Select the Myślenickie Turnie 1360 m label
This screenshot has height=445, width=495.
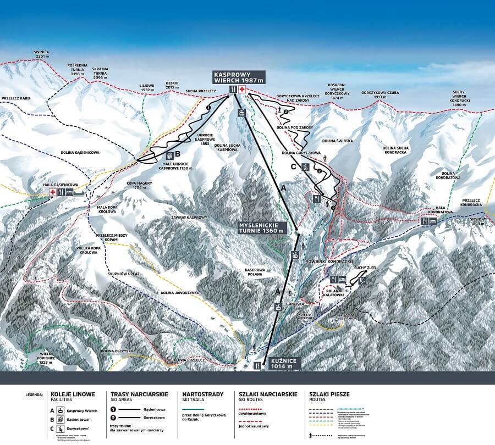coord(262,228)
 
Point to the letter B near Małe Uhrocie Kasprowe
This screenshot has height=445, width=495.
coord(178,154)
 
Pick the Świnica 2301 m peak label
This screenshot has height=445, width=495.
coord(41,55)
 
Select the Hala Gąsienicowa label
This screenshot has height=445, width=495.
coord(61,185)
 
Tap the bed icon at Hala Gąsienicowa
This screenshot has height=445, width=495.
coord(70,192)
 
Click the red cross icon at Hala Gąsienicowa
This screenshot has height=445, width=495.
coord(53,192)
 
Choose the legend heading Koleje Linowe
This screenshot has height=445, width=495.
coord(73,394)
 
